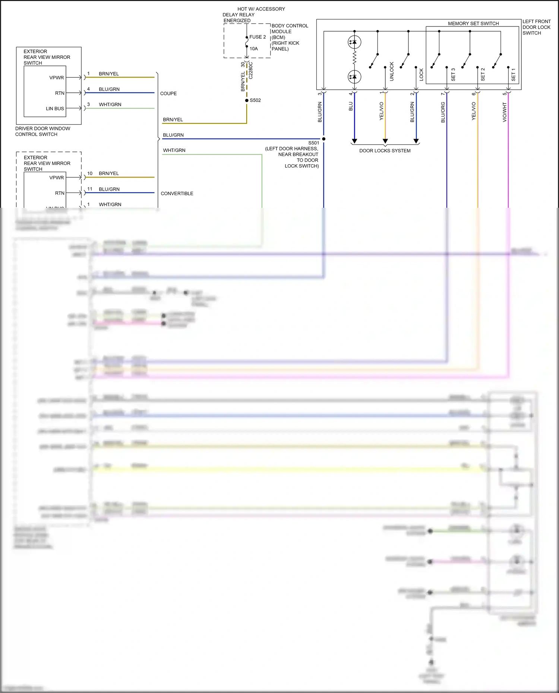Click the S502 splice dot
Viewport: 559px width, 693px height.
click(247, 101)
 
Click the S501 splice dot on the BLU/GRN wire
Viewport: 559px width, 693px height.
click(323, 139)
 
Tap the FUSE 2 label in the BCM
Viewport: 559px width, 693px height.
click(258, 37)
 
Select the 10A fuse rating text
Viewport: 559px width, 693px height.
click(253, 49)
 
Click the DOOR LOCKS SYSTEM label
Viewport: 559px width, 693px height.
click(385, 151)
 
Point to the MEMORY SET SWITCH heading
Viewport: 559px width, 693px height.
click(473, 23)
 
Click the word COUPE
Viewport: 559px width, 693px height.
click(168, 93)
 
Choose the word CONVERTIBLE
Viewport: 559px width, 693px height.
click(177, 194)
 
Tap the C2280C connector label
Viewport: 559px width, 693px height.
click(251, 70)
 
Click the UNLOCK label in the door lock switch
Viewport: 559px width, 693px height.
click(392, 71)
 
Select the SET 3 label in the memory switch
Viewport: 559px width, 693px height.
click(453, 74)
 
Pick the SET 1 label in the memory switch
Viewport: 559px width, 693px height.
click(513, 74)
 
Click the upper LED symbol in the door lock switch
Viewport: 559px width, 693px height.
click(354, 42)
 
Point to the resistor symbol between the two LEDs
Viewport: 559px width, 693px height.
click(354, 58)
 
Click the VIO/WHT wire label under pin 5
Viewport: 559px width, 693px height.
click(505, 112)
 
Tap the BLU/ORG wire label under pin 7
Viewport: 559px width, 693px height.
click(443, 112)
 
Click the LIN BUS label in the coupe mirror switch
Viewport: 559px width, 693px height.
click(55, 109)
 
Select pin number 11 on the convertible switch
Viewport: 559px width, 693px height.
click(90, 189)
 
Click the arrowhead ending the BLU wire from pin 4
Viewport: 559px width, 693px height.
click(354, 141)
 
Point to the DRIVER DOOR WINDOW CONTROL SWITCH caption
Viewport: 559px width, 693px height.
click(42, 131)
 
